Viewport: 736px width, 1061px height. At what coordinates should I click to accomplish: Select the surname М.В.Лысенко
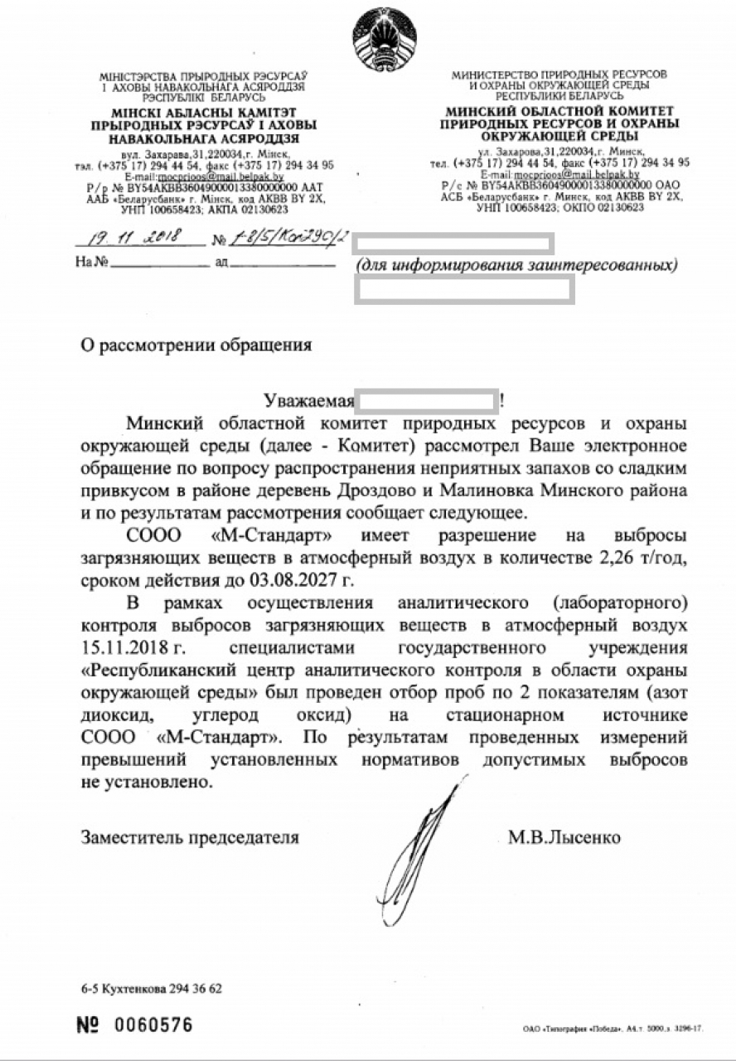click(x=564, y=838)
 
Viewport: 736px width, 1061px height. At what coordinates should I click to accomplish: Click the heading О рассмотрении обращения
click(x=196, y=345)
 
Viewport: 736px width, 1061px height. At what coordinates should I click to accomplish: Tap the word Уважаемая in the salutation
click(x=308, y=401)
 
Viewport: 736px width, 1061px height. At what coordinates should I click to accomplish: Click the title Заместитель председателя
click(x=190, y=838)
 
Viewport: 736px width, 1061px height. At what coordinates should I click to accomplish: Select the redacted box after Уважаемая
click(x=427, y=400)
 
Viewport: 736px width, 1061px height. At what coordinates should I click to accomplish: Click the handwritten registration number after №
click(x=279, y=240)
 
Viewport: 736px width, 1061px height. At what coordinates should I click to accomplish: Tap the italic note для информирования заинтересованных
click(x=516, y=266)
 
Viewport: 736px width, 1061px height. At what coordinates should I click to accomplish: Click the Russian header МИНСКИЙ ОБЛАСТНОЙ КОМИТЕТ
click(x=559, y=111)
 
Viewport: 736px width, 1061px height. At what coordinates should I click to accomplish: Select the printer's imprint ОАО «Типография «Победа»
click(x=613, y=1029)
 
